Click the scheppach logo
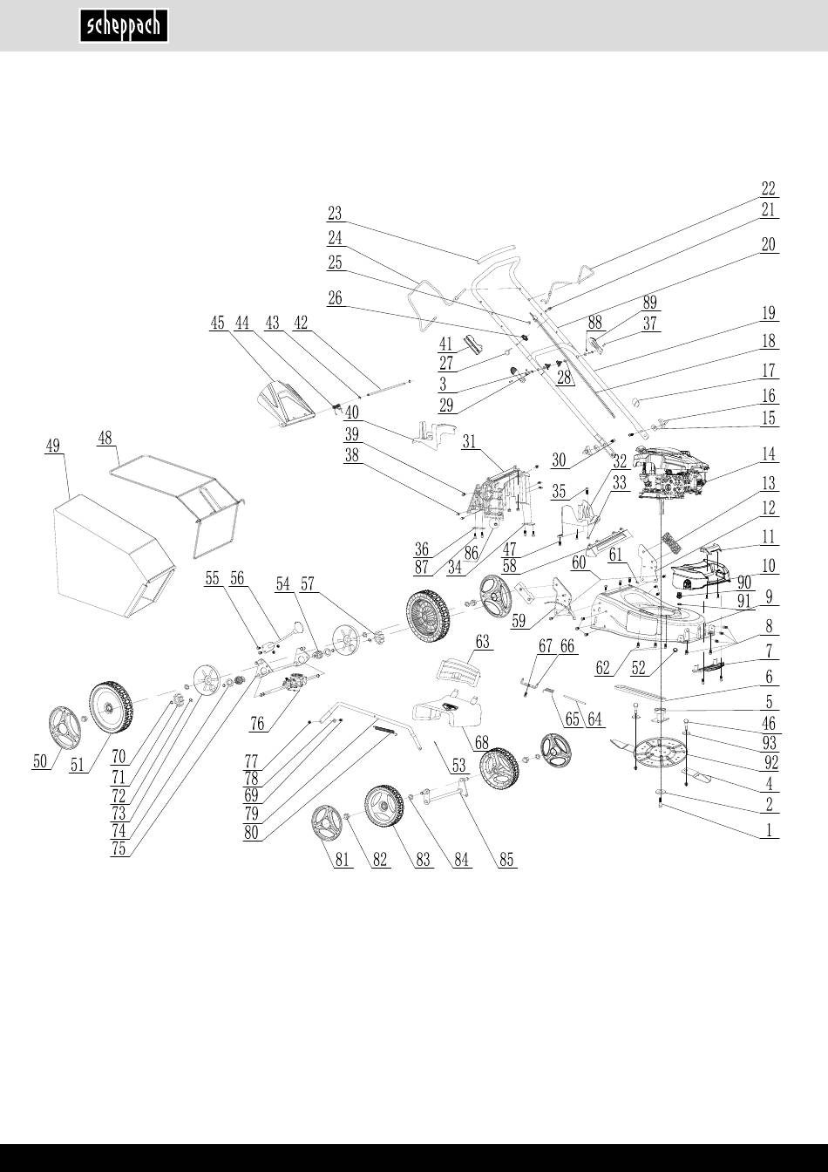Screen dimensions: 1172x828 125,26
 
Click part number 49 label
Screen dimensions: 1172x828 53,446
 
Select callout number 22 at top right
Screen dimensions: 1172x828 768,188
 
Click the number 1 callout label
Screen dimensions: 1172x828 768,830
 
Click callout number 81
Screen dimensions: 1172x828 343,860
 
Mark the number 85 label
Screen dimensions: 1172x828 506,860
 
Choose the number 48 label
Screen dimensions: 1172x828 109,438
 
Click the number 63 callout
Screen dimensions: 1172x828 483,643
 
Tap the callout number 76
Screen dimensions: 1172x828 257,722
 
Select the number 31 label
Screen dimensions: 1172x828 472,441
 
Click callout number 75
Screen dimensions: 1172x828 119,849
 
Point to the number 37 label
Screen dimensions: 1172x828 650,323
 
